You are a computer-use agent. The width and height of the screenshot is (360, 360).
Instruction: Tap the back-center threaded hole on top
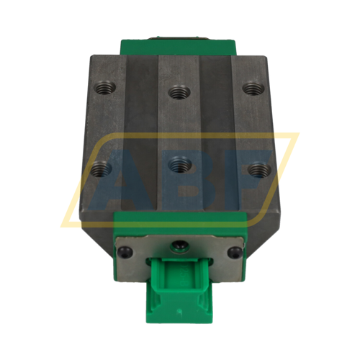point(177,91)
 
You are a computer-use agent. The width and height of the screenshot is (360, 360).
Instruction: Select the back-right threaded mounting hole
point(251,88)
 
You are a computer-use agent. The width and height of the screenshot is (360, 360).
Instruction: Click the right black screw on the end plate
point(235,251)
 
